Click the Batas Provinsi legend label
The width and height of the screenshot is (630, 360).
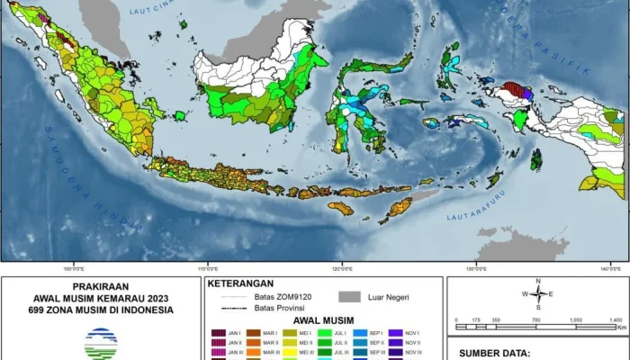point(281,307)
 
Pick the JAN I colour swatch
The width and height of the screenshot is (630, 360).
point(218,332)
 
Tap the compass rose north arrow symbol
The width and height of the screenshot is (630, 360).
point(537,293)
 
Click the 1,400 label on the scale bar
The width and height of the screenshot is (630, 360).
point(615,320)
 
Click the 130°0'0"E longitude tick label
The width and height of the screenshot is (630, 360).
point(476,266)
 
